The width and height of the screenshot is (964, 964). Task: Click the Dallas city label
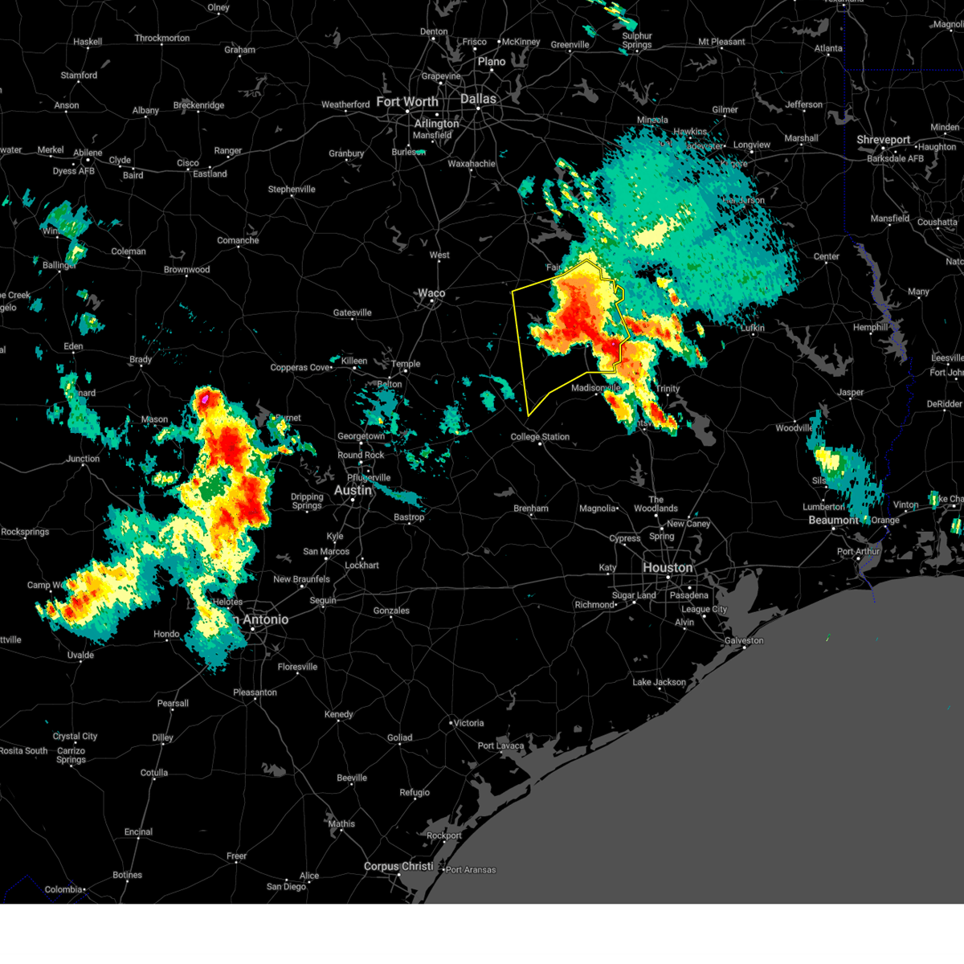point(478,99)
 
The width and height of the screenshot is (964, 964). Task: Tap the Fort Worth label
point(407,102)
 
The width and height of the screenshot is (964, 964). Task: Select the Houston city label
point(667,567)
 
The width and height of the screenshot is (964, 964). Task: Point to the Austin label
point(353,490)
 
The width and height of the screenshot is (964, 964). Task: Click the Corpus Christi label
point(398,866)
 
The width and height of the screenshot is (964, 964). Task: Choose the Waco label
point(431,293)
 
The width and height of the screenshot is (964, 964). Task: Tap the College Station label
point(540,437)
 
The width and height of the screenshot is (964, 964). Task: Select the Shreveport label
point(883,140)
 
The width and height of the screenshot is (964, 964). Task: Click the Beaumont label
point(833,520)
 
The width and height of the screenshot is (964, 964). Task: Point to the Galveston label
point(744,640)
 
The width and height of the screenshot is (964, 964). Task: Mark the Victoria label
point(468,723)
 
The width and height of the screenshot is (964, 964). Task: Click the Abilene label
point(88,153)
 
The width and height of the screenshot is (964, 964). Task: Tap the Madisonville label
point(596,388)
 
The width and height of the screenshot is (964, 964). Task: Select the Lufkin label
point(753,328)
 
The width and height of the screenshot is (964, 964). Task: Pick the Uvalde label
point(80,655)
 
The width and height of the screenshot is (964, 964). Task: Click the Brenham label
point(531,509)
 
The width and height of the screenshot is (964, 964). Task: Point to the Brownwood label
point(186,270)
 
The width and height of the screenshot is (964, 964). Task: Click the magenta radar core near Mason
point(206,397)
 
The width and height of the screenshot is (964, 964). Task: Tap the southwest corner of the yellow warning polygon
point(528,415)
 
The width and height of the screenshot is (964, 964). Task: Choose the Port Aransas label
point(471,870)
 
